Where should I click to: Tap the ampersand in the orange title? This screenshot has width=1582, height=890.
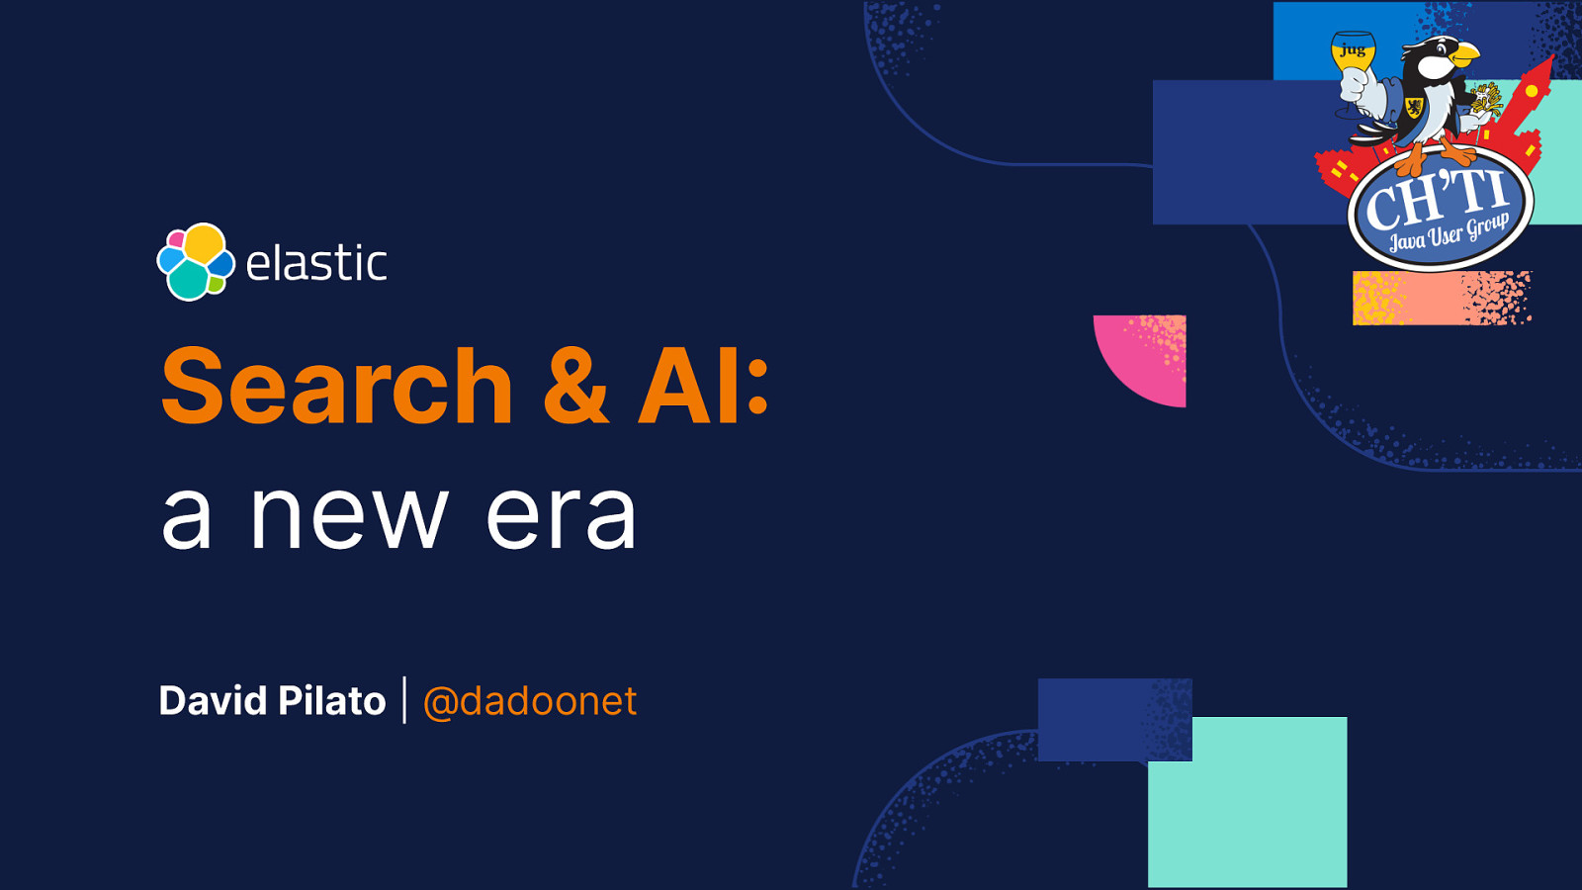[x=575, y=386]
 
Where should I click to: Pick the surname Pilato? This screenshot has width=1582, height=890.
[x=332, y=701]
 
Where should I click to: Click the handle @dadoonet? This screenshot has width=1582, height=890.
[x=530, y=701]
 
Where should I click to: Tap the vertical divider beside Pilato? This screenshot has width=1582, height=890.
[x=404, y=700]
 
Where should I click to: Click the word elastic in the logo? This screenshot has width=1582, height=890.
[x=315, y=262]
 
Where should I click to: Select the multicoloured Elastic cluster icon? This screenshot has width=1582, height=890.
[x=196, y=262]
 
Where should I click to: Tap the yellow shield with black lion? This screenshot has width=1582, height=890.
[x=1415, y=108]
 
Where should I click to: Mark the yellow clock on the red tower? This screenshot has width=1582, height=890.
[x=1532, y=91]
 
